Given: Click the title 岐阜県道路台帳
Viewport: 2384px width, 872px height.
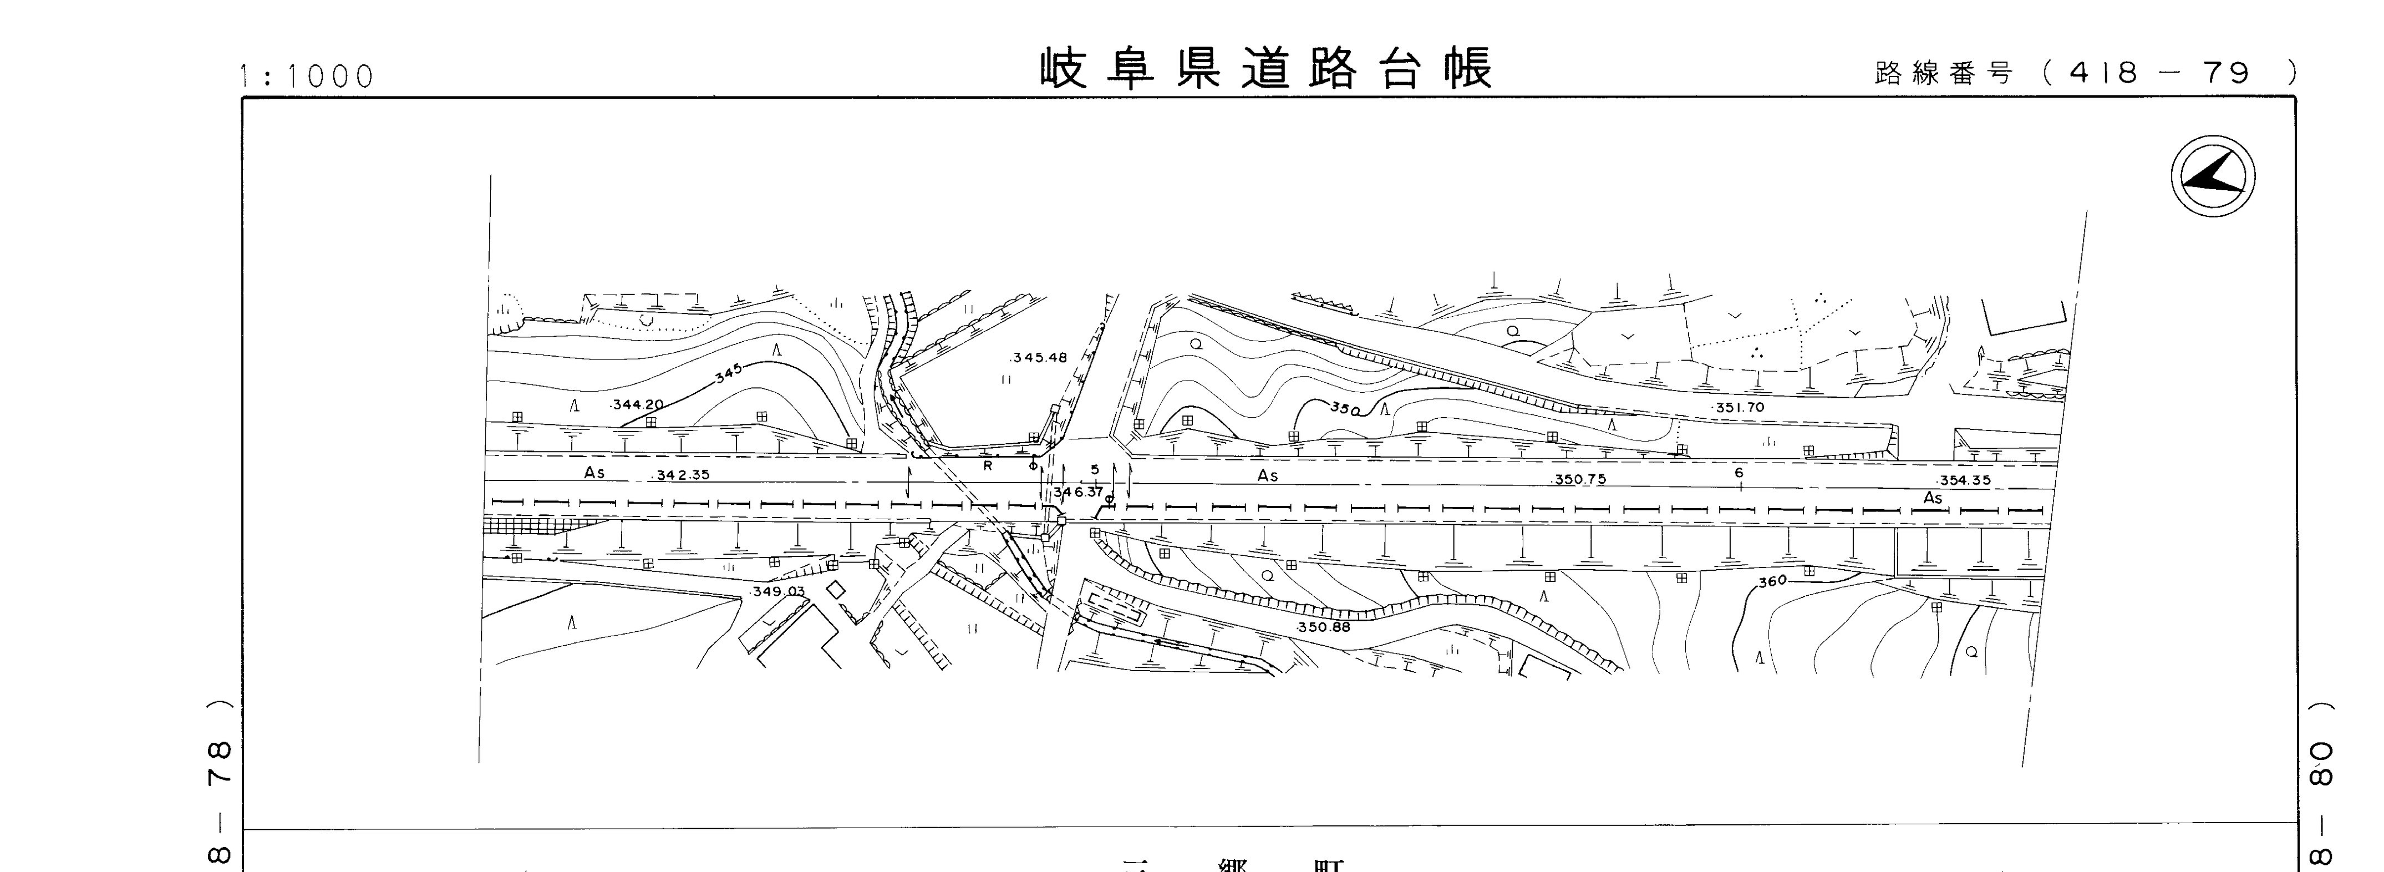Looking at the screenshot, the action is pos(1266,69).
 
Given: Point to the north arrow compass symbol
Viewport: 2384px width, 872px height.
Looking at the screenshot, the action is pos(2213,176).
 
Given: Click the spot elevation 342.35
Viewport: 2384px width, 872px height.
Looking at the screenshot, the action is pos(682,475).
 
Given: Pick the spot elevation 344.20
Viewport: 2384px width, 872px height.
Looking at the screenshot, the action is pos(638,404).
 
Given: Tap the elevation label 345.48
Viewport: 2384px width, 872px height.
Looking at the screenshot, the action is pos(1040,357).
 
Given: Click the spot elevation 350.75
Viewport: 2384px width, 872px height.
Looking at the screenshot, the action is pos(1580,479).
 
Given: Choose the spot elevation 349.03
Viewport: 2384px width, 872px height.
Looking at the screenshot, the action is pos(779,591).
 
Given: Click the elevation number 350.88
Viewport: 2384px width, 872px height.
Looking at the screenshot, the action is pos(1323,627).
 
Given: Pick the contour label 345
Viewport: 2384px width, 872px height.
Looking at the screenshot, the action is pos(728,373).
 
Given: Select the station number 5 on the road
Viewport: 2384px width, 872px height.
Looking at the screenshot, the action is pos(1095,469).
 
